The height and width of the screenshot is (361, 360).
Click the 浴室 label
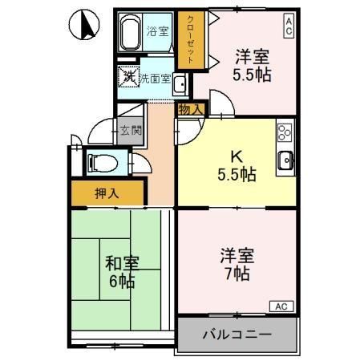click(158, 31)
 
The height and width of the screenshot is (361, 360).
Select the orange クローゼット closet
click(191, 40)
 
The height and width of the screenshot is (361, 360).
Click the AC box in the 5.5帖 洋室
click(288, 25)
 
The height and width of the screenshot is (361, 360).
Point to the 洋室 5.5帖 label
click(251, 65)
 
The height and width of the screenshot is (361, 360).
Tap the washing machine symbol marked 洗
click(128, 78)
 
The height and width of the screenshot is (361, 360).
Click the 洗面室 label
click(155, 79)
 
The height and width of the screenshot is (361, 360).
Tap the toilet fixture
click(102, 163)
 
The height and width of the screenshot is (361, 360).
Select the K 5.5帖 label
click(237, 164)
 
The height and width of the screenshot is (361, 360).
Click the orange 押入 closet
click(107, 193)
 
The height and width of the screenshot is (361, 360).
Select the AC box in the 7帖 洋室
click(281, 306)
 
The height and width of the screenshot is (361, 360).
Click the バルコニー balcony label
click(237, 334)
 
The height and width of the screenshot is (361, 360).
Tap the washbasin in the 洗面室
click(180, 84)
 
